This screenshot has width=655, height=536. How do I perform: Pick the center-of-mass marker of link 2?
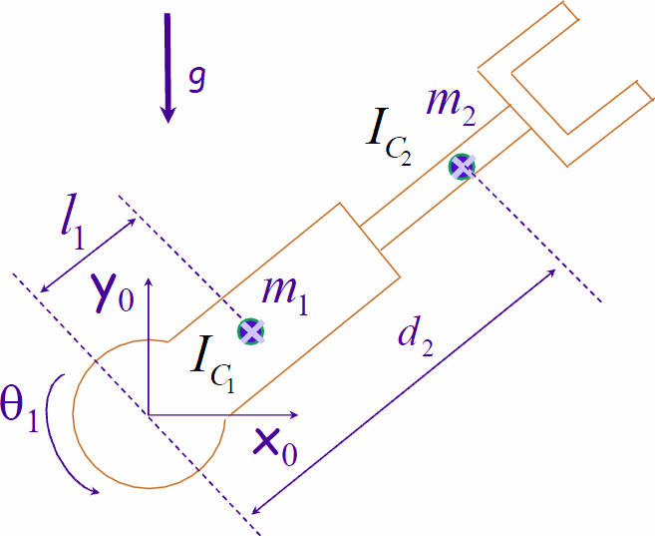(x=462, y=166)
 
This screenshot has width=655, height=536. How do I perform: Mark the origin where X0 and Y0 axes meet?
(x=149, y=413)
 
